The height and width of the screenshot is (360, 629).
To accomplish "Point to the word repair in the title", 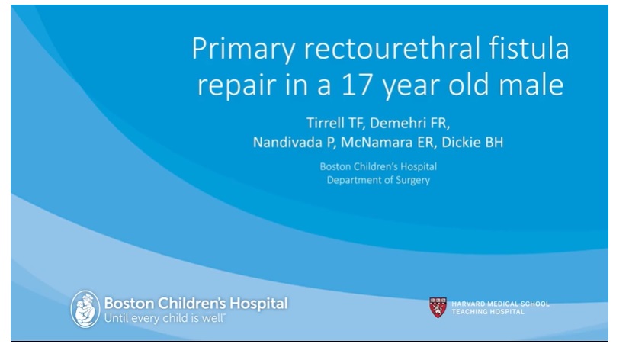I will [231, 85].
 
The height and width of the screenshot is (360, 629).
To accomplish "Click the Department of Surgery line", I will [378, 180].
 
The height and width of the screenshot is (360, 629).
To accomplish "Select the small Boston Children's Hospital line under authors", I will [378, 166].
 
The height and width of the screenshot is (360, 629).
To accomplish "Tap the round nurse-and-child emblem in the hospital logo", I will [85, 309].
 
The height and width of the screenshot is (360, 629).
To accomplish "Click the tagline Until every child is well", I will [164, 317].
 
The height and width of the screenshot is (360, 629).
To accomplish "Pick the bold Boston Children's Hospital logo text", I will [195, 304].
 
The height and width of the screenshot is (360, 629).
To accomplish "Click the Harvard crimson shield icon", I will [438, 307].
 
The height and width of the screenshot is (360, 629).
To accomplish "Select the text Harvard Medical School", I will [499, 304].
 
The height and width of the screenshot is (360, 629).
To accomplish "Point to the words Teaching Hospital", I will [488, 311].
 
